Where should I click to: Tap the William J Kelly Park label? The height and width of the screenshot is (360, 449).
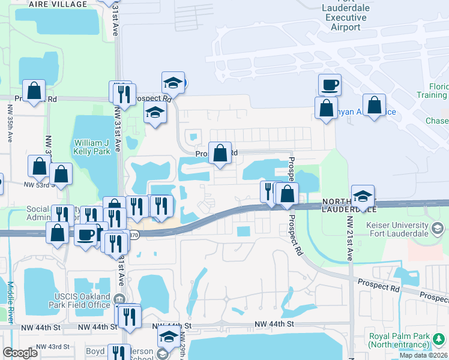(x=93, y=147)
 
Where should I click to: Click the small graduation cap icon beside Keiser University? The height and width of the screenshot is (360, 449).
(x=438, y=228)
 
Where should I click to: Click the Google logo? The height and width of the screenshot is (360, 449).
(x=20, y=353)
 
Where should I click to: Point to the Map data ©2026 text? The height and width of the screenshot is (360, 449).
(x=424, y=355)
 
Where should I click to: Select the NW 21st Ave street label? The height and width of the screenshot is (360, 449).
(x=349, y=237)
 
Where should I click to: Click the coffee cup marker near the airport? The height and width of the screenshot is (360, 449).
(x=329, y=85)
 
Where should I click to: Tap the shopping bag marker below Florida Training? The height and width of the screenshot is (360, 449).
(x=374, y=105)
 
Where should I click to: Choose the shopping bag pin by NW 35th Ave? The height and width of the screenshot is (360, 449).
(x=34, y=91)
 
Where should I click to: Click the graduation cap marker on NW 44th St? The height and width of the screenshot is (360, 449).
(x=169, y=337)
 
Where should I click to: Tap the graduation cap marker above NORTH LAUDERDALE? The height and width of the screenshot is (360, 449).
(x=363, y=196)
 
